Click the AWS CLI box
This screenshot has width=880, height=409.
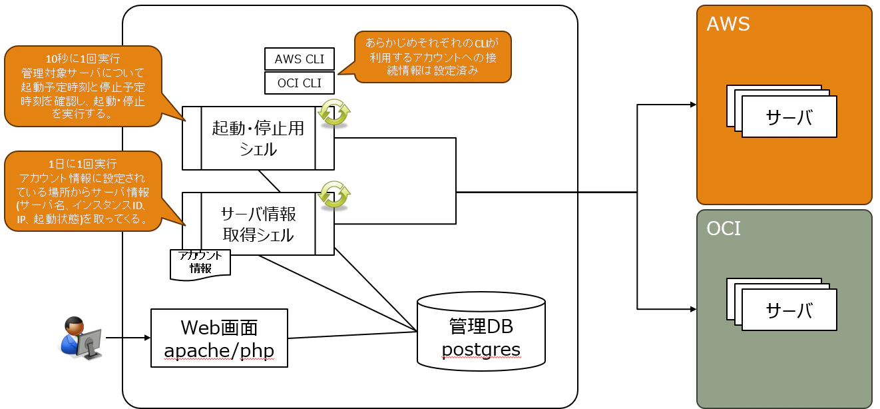300,59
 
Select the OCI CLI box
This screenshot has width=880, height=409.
300,83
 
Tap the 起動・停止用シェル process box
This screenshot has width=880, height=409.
258,138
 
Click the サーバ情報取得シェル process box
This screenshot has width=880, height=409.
258,224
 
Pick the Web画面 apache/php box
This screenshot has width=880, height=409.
219,338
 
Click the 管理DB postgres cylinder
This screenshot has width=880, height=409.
481,332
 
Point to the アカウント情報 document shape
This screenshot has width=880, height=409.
200,264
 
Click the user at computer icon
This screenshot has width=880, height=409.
81,338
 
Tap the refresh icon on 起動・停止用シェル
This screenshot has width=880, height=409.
334,113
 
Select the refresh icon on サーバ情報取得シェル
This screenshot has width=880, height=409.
334,195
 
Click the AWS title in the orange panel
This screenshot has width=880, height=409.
728,24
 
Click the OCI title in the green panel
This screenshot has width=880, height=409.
724,228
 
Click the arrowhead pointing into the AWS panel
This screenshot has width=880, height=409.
694,105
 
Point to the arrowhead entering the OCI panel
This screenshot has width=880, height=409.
694,309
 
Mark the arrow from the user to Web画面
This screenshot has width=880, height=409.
128,338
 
